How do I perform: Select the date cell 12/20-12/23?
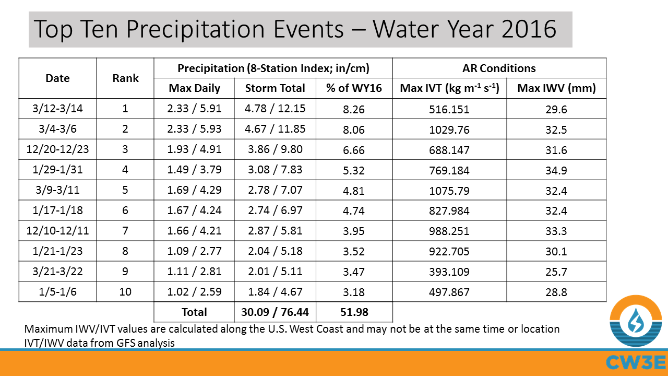tap(58, 150)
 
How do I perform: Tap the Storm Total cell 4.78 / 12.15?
tap(275, 109)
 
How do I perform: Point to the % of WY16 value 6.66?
tap(354, 150)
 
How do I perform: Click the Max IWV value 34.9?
tap(556, 170)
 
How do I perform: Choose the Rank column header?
tap(126, 78)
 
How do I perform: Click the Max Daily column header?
tap(195, 88)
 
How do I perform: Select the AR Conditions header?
tap(499, 68)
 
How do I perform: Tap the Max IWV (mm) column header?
tap(556, 88)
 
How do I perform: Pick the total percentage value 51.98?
tap(354, 312)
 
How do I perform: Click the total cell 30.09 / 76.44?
tap(275, 312)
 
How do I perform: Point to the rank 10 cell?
tap(126, 291)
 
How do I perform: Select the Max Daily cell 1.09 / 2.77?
tap(195, 251)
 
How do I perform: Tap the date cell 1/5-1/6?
tap(58, 291)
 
